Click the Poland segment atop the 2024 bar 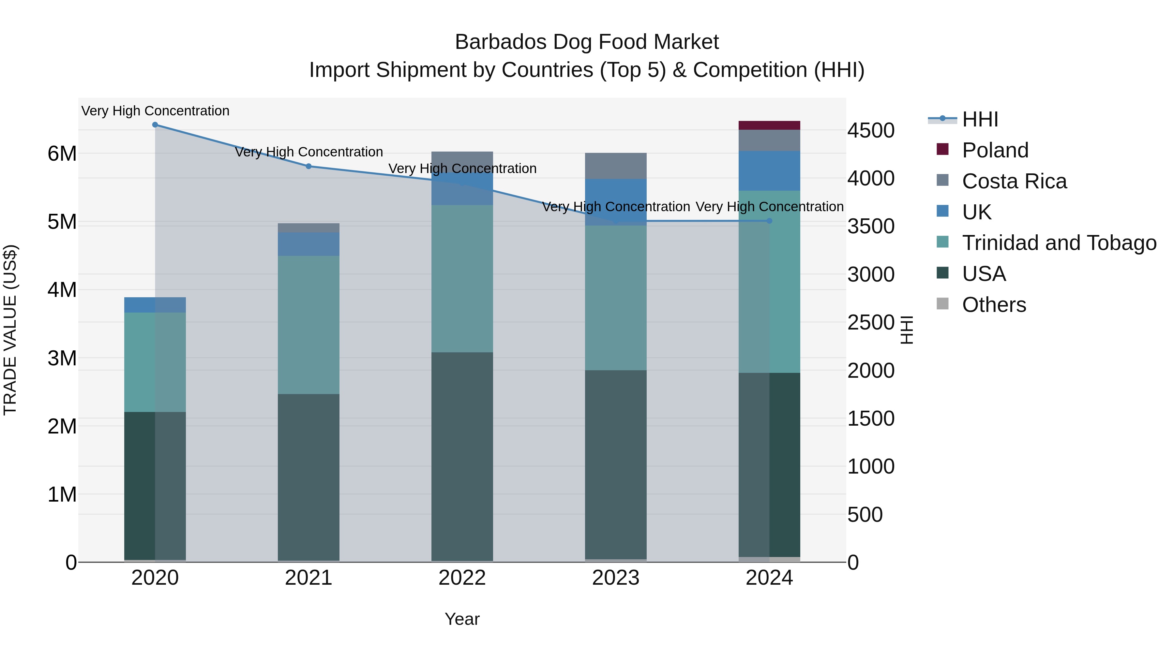(769, 125)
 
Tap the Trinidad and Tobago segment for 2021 (308, 324)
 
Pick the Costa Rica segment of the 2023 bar (615, 166)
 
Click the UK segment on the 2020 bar (155, 305)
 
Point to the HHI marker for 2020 (155, 125)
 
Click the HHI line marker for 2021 (309, 166)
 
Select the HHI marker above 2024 (769, 221)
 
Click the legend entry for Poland (995, 150)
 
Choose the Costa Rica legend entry (1014, 181)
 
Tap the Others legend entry (994, 305)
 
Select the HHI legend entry (980, 119)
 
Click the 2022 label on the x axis (462, 578)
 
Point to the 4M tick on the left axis (62, 290)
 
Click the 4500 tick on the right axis (870, 131)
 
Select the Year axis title (462, 619)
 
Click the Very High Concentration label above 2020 (155, 111)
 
